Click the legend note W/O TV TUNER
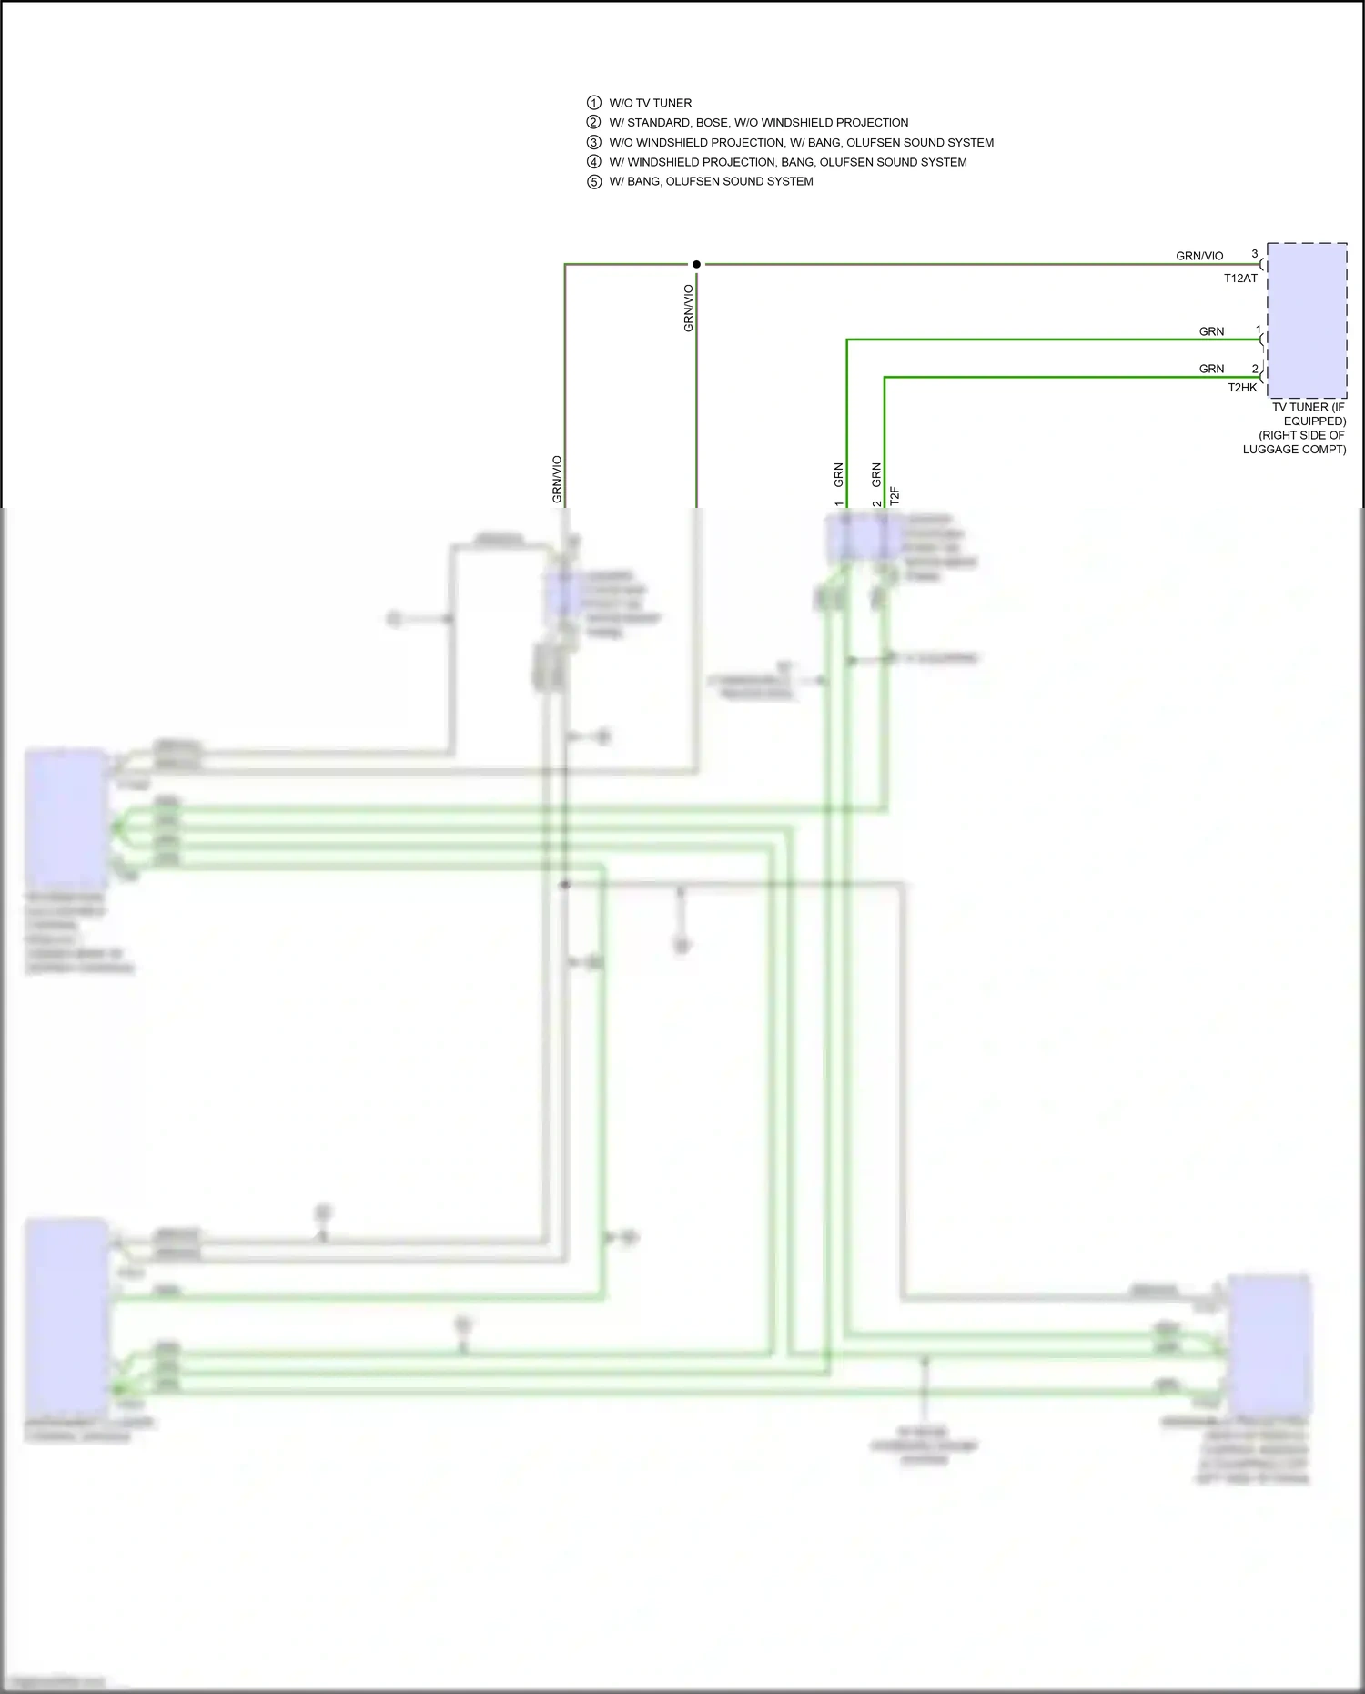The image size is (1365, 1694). point(650,103)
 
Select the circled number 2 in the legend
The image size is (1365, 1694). point(593,122)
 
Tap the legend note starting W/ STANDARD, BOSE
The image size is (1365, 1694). point(758,123)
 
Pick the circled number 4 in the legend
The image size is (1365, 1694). point(593,162)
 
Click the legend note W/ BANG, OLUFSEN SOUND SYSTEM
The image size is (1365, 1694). point(711,181)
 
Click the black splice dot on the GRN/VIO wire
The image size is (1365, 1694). point(696,264)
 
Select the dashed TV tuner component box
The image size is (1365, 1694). point(1307,320)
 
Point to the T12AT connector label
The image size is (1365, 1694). point(1239,279)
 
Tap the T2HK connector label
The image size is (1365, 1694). point(1241,388)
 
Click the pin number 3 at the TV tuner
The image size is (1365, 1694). point(1254,254)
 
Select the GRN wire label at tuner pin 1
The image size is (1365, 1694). point(1211,331)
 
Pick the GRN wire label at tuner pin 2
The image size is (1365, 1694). point(1211,369)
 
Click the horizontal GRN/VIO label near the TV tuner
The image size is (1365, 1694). point(1198,256)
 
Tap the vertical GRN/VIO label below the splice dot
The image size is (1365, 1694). point(689,308)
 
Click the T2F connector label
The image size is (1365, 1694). point(895,495)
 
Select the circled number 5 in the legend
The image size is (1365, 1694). point(593,182)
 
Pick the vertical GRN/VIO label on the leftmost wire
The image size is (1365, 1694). point(557,479)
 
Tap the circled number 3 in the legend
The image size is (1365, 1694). point(593,142)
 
